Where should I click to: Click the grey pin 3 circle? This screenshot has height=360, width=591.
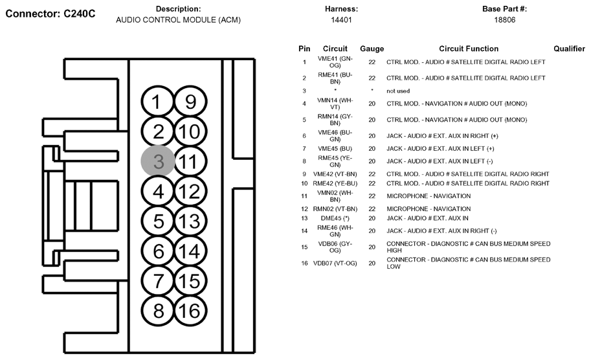(x=157, y=161)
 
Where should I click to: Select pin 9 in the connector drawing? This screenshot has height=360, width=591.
(x=190, y=102)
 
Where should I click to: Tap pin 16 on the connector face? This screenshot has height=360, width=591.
(x=190, y=310)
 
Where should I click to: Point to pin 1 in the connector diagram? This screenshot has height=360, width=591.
(x=157, y=102)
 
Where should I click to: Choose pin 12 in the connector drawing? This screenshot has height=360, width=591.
(x=190, y=192)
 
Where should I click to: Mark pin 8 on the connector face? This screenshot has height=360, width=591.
(x=157, y=310)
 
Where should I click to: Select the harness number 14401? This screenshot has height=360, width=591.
(x=340, y=20)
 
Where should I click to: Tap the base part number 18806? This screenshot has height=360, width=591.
(x=505, y=20)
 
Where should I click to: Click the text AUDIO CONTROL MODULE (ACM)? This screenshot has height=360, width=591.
(x=178, y=20)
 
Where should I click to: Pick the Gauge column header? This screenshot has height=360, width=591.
(x=372, y=49)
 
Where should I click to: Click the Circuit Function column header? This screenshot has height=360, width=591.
(x=469, y=49)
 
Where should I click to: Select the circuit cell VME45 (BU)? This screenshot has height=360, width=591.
(x=335, y=148)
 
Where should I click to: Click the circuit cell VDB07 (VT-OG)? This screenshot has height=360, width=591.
(x=335, y=264)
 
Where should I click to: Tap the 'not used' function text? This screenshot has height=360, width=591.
(x=398, y=91)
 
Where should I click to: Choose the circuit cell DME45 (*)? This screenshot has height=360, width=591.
(x=335, y=218)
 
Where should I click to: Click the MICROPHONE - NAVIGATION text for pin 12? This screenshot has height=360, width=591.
(x=429, y=208)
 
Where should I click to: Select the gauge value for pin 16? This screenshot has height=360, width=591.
(x=372, y=264)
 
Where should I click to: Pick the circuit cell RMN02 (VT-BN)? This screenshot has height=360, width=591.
(x=335, y=208)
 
